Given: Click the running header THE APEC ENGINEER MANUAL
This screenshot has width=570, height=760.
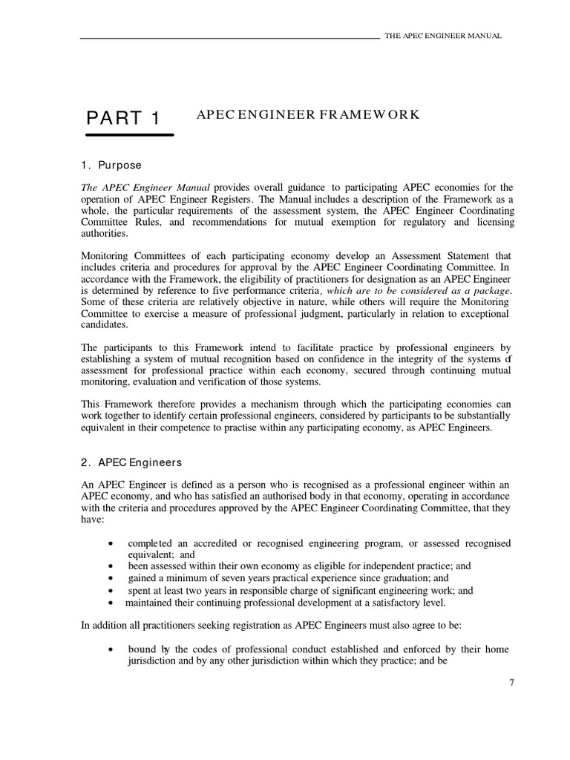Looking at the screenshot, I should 442,36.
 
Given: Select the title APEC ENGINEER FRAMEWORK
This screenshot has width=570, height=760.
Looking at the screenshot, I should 308,114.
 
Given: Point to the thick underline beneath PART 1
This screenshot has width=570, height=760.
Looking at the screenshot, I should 130,135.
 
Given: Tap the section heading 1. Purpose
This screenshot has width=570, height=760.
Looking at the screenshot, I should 111,165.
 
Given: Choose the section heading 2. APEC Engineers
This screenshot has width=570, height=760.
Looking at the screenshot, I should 131,462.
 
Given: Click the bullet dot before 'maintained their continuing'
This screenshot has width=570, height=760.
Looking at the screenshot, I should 111,603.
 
